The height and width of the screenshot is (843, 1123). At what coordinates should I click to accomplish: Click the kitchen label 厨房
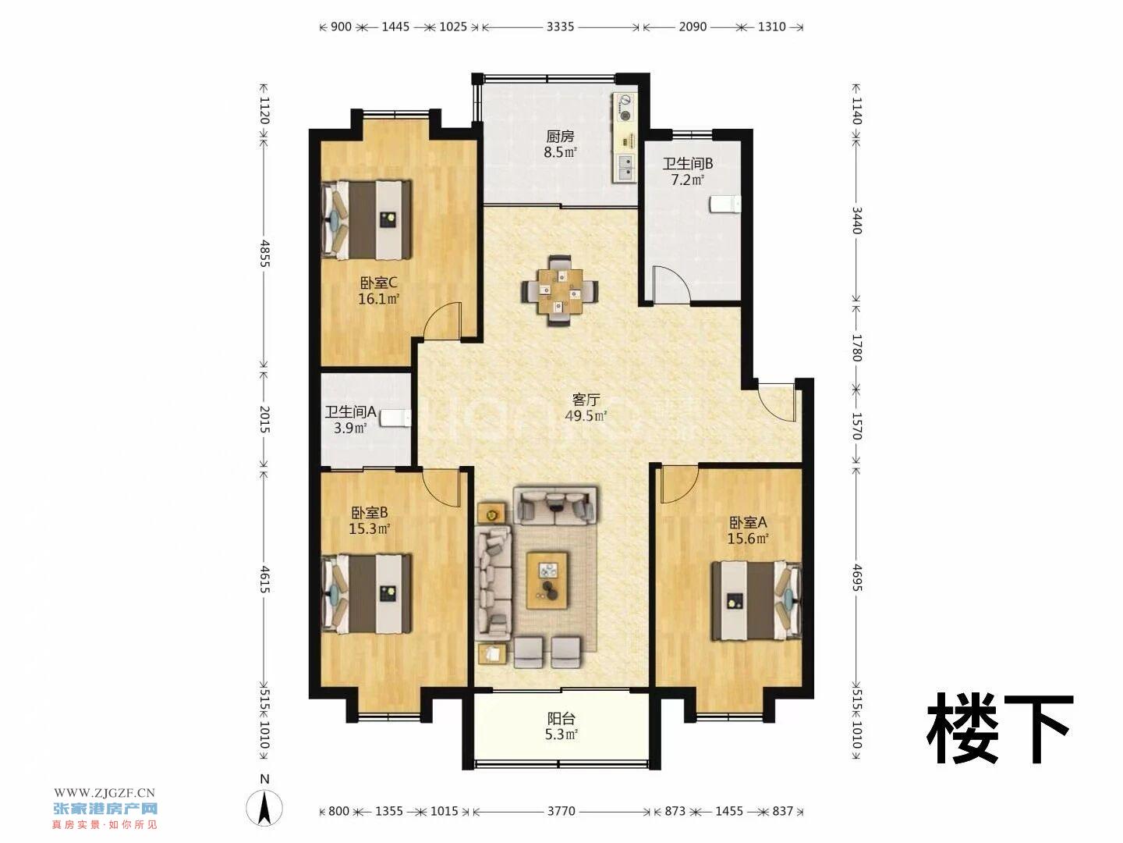click(x=560, y=136)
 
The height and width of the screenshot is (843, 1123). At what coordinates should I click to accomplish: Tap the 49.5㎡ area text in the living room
click(x=586, y=415)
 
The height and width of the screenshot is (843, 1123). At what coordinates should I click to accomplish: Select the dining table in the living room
click(x=560, y=290)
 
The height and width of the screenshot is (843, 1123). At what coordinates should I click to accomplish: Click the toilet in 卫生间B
click(x=725, y=204)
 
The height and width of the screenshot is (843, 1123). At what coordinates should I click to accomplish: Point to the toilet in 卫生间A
click(x=395, y=418)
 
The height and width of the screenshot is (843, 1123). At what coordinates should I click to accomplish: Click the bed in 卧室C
click(x=367, y=219)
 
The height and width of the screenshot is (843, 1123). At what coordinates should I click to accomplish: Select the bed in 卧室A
click(x=756, y=600)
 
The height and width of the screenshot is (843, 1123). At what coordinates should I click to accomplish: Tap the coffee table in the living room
click(x=547, y=581)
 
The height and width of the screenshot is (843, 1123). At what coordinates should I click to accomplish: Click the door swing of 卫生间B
click(x=671, y=283)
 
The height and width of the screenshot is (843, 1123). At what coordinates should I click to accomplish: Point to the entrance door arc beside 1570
click(x=775, y=402)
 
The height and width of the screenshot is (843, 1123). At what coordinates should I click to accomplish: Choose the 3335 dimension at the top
click(x=560, y=27)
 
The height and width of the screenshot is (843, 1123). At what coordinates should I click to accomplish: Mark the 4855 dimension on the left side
click(x=264, y=253)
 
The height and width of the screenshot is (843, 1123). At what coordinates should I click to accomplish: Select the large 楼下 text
click(x=1000, y=730)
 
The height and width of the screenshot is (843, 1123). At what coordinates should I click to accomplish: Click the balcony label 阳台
click(x=561, y=719)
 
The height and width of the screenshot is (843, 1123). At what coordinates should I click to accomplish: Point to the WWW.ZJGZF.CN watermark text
click(x=105, y=793)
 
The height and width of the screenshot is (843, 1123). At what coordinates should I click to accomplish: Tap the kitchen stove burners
click(x=625, y=108)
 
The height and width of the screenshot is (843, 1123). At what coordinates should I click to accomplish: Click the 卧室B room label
click(x=369, y=512)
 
